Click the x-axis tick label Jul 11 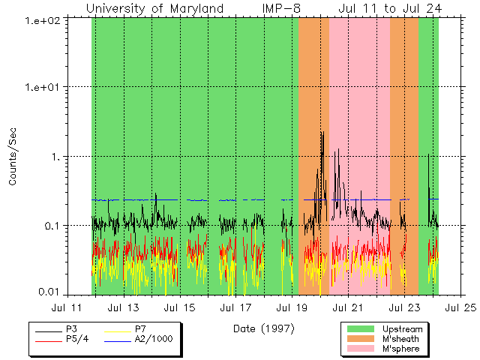coord(66,307)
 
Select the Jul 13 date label coord(122,307)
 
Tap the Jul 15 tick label coord(178,307)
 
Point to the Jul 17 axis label coord(235,307)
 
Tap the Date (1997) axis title coord(262,328)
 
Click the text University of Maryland coord(154,8)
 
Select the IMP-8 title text coord(281,8)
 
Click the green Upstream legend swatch coord(360,328)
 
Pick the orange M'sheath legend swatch coord(360,339)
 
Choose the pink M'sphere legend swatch coord(360,349)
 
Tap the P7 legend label coord(139,328)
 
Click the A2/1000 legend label coord(153,339)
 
